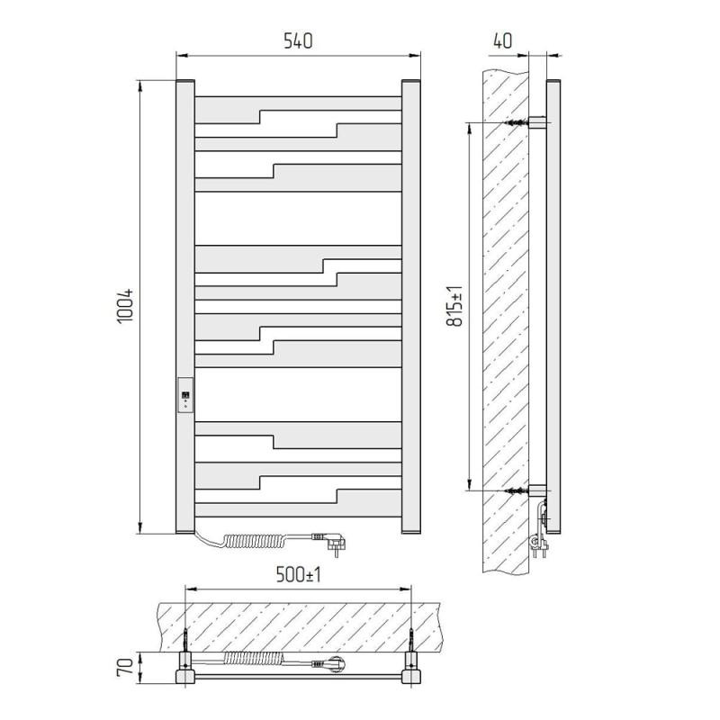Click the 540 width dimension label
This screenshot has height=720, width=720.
[x=298, y=40]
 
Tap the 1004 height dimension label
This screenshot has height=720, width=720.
[x=125, y=306]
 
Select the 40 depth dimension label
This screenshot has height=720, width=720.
[x=503, y=40]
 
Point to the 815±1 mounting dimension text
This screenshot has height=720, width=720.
[x=455, y=306]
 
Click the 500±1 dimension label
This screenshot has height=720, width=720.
[x=299, y=574]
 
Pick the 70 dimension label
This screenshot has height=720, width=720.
[x=125, y=666]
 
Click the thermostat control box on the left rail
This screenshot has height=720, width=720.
[x=185, y=395]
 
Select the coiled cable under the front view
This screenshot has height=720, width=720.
[x=254, y=541]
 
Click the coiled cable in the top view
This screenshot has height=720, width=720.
[x=254, y=659]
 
